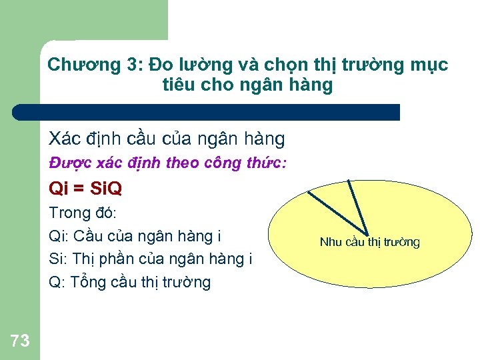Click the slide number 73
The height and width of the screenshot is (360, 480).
pyautogui.click(x=20, y=341)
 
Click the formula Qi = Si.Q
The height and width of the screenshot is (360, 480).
pyautogui.click(x=85, y=189)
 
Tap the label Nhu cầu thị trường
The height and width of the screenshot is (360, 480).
pyautogui.click(x=370, y=242)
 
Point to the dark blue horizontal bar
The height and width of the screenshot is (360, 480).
pyautogui.click(x=207, y=112)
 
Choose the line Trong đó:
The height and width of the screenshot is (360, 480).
pyautogui.click(x=83, y=213)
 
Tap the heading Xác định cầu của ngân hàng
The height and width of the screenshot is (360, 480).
pyautogui.click(x=167, y=139)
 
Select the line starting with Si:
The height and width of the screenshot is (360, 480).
pyautogui.click(x=151, y=259)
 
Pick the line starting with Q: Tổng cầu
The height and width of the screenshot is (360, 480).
pyautogui.click(x=130, y=282)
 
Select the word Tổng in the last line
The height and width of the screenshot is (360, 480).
pyautogui.click(x=90, y=282)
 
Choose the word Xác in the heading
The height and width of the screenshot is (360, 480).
pyautogui.click(x=63, y=139)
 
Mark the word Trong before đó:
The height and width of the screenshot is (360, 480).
pyautogui.click(x=69, y=213)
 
